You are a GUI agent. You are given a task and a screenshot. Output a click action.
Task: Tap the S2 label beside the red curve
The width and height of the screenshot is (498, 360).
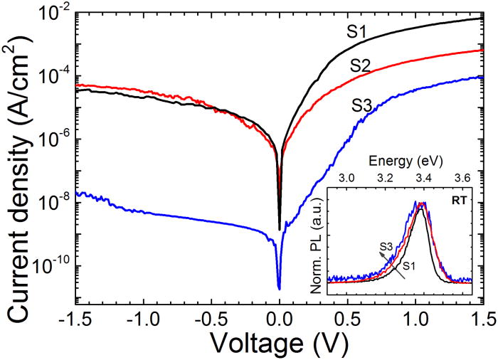pyautogui.click(x=363, y=66)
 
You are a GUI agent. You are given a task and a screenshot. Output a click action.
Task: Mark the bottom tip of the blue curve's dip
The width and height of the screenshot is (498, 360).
pyautogui.click(x=279, y=288)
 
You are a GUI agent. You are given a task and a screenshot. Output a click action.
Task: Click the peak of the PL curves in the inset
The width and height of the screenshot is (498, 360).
pyautogui.click(x=423, y=203)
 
